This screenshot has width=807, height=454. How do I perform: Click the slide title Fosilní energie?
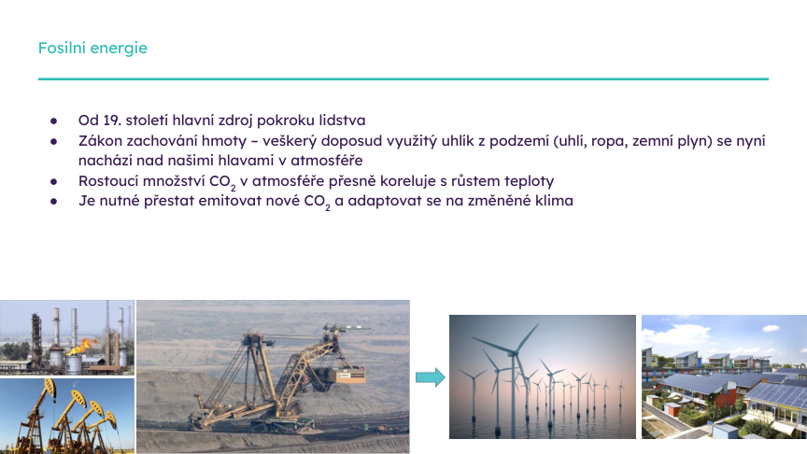(92, 48)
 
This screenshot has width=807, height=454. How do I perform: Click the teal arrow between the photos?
(429, 376)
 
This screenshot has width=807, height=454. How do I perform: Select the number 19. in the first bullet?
(116, 121)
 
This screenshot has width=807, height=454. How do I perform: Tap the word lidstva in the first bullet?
(341, 121)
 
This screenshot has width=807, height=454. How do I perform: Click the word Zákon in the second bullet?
(100, 140)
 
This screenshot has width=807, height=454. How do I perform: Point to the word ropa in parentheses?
(613, 140)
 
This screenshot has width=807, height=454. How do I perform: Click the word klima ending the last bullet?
(552, 201)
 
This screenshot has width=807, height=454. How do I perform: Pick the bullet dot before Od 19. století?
(54, 121)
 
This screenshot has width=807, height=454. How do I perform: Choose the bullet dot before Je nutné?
(54, 201)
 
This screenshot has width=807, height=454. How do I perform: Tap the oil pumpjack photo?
(66, 416)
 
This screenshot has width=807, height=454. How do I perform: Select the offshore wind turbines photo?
(541, 376)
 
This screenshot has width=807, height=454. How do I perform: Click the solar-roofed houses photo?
(723, 376)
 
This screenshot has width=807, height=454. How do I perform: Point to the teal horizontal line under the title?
(403, 79)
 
